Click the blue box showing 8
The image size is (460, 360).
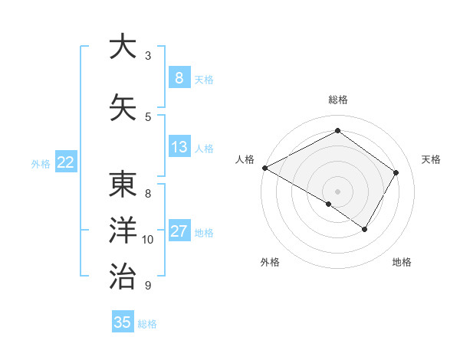pyautogui.click(x=179, y=77)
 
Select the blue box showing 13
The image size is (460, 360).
pyautogui.click(x=179, y=147)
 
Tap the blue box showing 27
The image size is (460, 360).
pyautogui.click(x=179, y=231)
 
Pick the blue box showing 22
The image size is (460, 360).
pyautogui.click(x=66, y=162)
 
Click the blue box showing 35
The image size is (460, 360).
pyautogui.click(x=123, y=322)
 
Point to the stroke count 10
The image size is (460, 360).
pyautogui.click(x=148, y=240)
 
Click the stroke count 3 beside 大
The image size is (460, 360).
pyautogui.click(x=148, y=55)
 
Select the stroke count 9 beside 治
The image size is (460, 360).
pyautogui.click(x=148, y=286)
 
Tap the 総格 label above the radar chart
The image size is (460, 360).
pyautogui.click(x=337, y=100)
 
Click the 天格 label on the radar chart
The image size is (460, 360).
pyautogui.click(x=432, y=159)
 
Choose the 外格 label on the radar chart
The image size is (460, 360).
pyautogui.click(x=270, y=263)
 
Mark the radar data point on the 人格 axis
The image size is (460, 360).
pyautogui.click(x=264, y=168)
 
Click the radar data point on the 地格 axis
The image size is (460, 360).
pyautogui.click(x=365, y=229)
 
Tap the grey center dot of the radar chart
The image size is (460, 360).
pyautogui.click(x=337, y=191)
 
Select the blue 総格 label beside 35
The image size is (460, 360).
pyautogui.click(x=147, y=324)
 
